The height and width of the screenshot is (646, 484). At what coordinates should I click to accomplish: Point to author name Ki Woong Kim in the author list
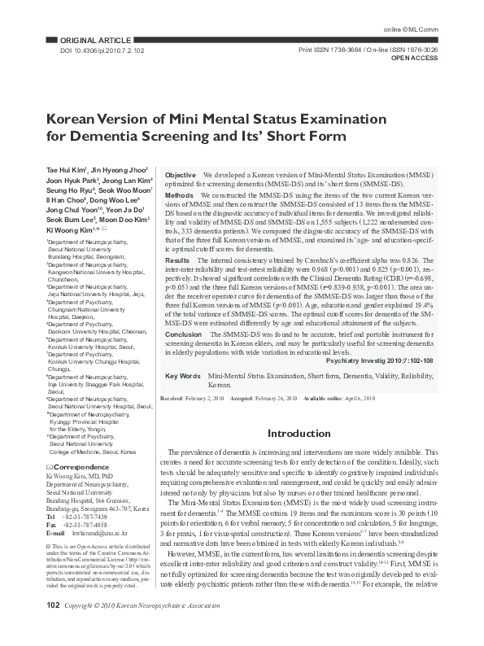(x=67, y=231)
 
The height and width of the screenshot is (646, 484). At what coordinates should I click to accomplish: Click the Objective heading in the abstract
(x=181, y=175)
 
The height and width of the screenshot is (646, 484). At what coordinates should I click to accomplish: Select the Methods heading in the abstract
(x=179, y=196)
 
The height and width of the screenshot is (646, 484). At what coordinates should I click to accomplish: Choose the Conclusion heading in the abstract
(x=184, y=334)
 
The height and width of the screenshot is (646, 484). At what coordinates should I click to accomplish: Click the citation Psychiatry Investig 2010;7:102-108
(x=378, y=359)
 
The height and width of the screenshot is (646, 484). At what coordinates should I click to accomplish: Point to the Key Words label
(x=183, y=376)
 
